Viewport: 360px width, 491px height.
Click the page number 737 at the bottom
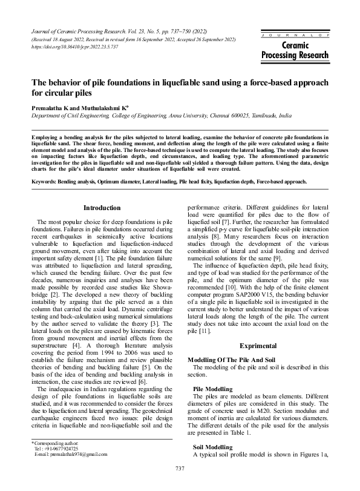point(180,469)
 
